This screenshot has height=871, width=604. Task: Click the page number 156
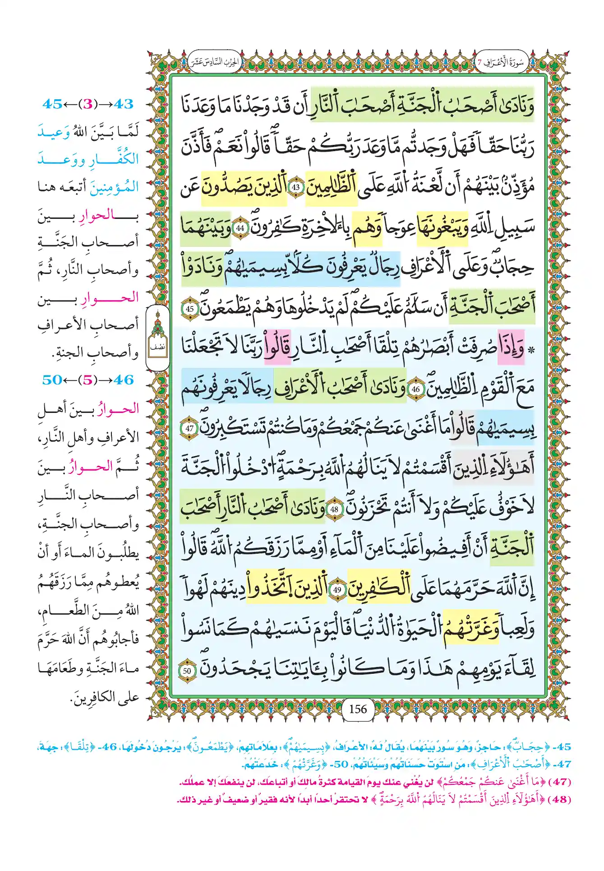[x=358, y=709]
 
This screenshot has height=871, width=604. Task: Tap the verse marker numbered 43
[x=296, y=187]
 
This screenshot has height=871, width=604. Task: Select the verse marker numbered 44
[x=240, y=228]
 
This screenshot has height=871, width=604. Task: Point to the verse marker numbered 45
[x=190, y=309]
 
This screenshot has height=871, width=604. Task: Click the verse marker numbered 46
[x=415, y=389]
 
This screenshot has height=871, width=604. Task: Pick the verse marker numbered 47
[x=189, y=428]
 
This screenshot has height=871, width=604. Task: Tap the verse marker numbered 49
[x=337, y=590]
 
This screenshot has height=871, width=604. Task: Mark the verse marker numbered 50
[x=187, y=671]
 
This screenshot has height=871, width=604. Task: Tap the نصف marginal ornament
[x=157, y=347]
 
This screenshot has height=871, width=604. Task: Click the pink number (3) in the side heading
[x=88, y=104]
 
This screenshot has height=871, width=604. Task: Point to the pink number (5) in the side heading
[x=88, y=380]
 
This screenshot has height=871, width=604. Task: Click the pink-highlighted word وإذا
[x=511, y=347]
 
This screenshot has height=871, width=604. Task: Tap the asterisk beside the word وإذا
[x=530, y=350]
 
